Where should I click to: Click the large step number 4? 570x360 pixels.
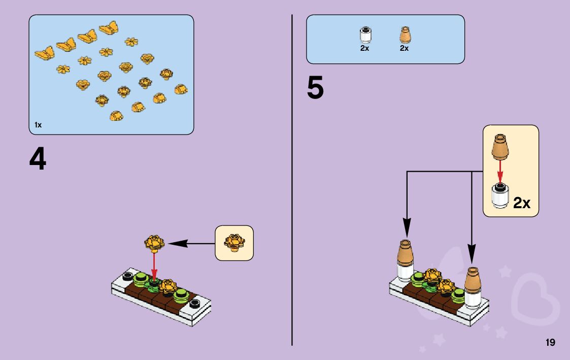(x=38, y=159)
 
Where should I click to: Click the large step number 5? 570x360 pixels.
(x=315, y=89)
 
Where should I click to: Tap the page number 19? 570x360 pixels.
(x=550, y=343)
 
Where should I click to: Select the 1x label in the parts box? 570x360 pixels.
(x=38, y=125)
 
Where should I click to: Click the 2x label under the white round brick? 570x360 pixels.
(x=364, y=48)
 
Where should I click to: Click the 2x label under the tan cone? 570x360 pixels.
(x=404, y=48)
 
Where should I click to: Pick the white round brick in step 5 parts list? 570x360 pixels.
(x=364, y=35)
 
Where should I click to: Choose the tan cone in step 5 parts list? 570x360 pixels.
(x=405, y=35)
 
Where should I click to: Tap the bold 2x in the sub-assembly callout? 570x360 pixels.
(x=522, y=203)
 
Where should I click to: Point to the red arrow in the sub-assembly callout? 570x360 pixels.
(x=500, y=171)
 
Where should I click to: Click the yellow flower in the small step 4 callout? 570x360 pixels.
(x=234, y=242)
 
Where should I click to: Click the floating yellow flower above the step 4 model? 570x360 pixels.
(x=155, y=243)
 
